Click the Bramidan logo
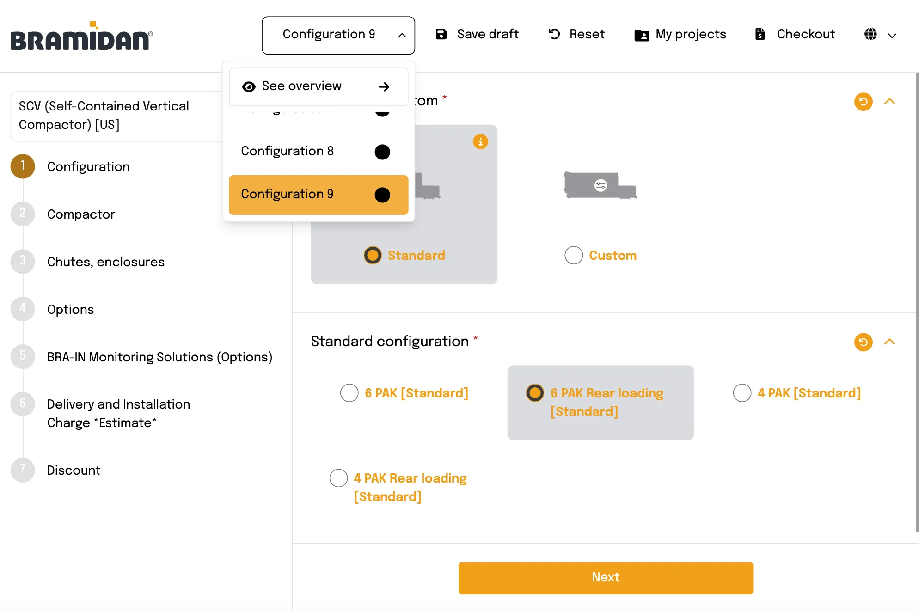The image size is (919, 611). click(81, 37)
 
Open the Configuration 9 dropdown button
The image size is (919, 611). click(338, 35)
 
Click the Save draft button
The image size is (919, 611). click(477, 34)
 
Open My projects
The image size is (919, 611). click(680, 34)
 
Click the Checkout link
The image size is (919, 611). click(795, 34)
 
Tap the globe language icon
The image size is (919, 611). click(870, 34)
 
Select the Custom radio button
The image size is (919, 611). click(574, 255)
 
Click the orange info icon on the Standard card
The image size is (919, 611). click(480, 141)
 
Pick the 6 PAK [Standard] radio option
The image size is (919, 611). click(349, 393)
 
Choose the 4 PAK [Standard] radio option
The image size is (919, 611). click(742, 393)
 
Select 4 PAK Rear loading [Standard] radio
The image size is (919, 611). click(338, 478)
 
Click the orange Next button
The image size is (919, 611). click(605, 578)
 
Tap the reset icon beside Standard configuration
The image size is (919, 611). click(863, 342)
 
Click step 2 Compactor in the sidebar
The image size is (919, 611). click(81, 214)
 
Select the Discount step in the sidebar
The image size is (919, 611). click(74, 470)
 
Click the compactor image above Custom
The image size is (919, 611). click(600, 185)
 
